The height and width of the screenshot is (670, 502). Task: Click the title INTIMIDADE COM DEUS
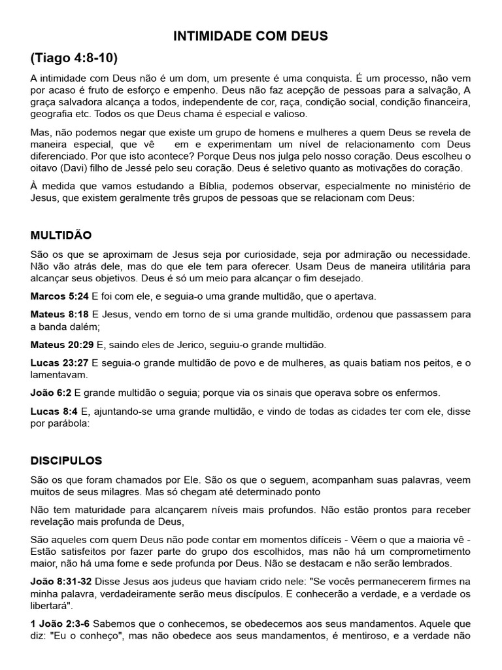[250, 37]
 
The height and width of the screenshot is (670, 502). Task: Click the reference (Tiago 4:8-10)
[74, 58]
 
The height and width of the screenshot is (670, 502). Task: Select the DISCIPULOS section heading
[66, 461]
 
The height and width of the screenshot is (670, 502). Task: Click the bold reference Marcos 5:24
[60, 296]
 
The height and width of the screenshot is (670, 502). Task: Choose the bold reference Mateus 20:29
[62, 344]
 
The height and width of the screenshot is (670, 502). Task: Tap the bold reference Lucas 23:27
[61, 362]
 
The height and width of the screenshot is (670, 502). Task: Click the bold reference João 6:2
[52, 393]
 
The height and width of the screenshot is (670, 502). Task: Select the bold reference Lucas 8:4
[54, 411]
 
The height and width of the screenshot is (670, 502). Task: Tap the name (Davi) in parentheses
[76, 167]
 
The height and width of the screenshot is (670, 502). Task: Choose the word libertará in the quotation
[52, 604]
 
